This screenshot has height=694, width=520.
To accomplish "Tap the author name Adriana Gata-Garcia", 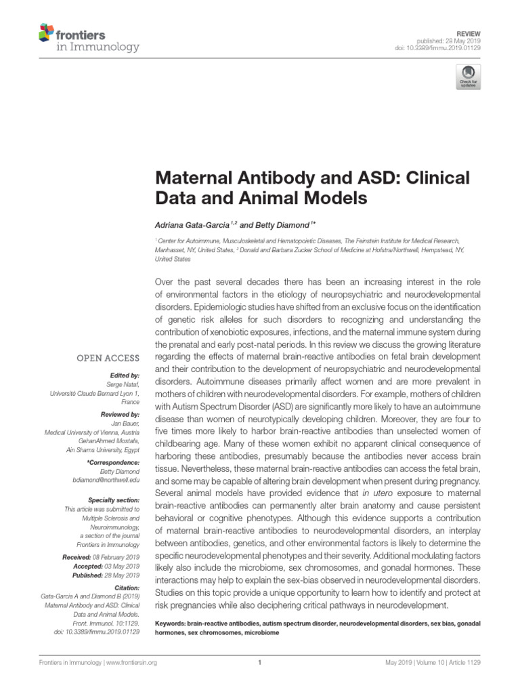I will point(193,224).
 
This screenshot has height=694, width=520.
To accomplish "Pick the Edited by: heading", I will point(125,375).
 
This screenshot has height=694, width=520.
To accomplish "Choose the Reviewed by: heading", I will point(121,413).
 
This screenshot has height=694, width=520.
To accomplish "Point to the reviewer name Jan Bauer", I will point(125,423).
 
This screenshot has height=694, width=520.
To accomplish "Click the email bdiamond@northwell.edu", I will point(106,480).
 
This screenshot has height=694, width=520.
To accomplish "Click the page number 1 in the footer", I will point(259,664).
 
